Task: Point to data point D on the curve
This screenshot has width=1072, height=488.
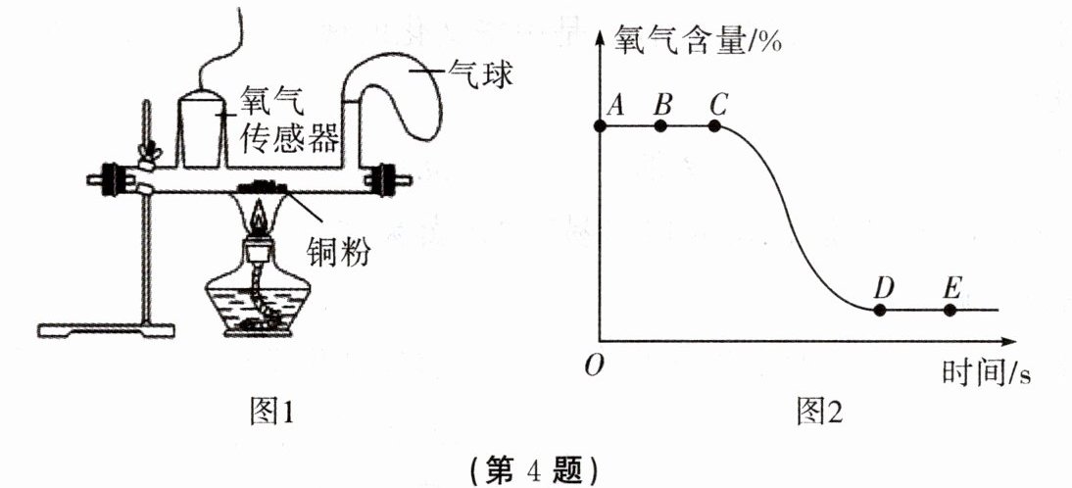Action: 880,310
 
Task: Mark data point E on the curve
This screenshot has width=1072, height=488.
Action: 949,310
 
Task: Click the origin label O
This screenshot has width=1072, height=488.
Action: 591,366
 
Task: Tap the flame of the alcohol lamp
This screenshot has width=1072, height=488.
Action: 259,215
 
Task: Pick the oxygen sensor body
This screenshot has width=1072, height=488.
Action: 203,128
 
